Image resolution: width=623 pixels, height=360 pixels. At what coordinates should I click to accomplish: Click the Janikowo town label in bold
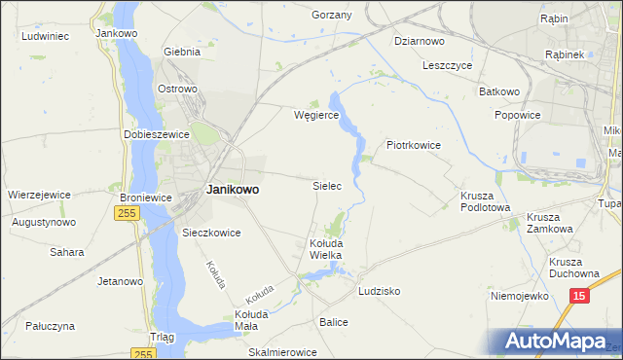tap(233, 191)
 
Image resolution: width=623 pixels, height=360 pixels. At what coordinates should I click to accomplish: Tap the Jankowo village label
tap(114, 32)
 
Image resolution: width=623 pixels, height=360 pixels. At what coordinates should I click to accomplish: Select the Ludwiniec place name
tap(45, 36)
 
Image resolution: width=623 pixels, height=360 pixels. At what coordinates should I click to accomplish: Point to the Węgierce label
tap(315, 114)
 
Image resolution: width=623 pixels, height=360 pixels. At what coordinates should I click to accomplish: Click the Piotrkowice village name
tap(414, 145)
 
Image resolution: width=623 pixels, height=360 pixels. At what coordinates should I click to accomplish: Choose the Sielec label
tap(326, 184)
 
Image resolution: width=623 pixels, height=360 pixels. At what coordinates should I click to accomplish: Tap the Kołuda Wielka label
tap(325, 248)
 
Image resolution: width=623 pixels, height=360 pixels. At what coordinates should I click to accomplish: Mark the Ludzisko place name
tap(379, 291)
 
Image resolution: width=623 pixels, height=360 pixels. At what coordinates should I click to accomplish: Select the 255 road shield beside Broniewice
tap(127, 213)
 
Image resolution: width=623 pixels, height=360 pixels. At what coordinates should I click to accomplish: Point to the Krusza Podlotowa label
tap(485, 200)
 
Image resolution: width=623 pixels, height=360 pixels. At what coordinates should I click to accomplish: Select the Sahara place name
tap(67, 252)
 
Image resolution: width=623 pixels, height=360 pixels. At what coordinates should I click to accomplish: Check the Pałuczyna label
tap(49, 327)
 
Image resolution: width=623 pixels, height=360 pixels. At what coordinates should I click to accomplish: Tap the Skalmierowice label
tap(283, 352)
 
